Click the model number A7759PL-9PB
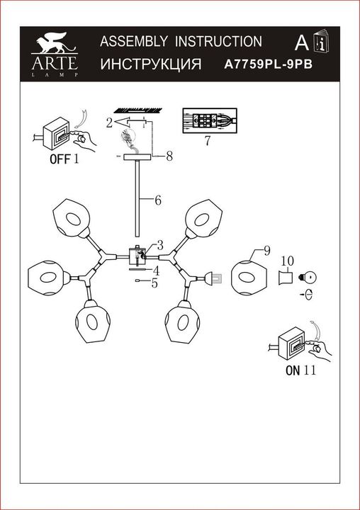(269, 63)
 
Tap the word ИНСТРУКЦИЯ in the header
(152, 63)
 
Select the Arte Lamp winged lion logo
(54, 46)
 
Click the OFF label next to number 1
(60, 159)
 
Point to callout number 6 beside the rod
(157, 200)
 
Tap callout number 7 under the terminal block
(206, 140)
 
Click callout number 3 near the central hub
(161, 245)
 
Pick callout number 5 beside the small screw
(154, 283)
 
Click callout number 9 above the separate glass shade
(266, 251)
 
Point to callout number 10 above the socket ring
(286, 261)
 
